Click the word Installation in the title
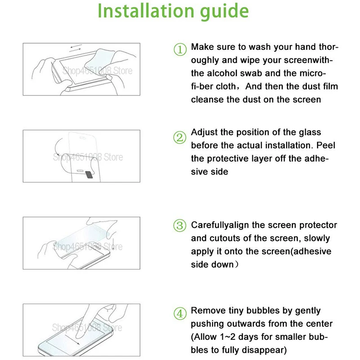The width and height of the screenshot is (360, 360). [x=145, y=10]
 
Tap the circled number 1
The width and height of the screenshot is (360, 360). [x=180, y=49]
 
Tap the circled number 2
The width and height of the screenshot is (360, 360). [x=180, y=138]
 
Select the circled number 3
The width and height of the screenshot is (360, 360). [x=180, y=225]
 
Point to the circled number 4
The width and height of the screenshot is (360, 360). [x=180, y=314]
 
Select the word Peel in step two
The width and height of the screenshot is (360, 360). [x=325, y=145]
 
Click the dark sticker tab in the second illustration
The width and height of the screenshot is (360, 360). [x=89, y=175]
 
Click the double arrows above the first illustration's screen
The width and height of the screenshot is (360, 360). [x=76, y=47]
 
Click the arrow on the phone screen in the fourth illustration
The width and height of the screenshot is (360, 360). [x=72, y=340]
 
